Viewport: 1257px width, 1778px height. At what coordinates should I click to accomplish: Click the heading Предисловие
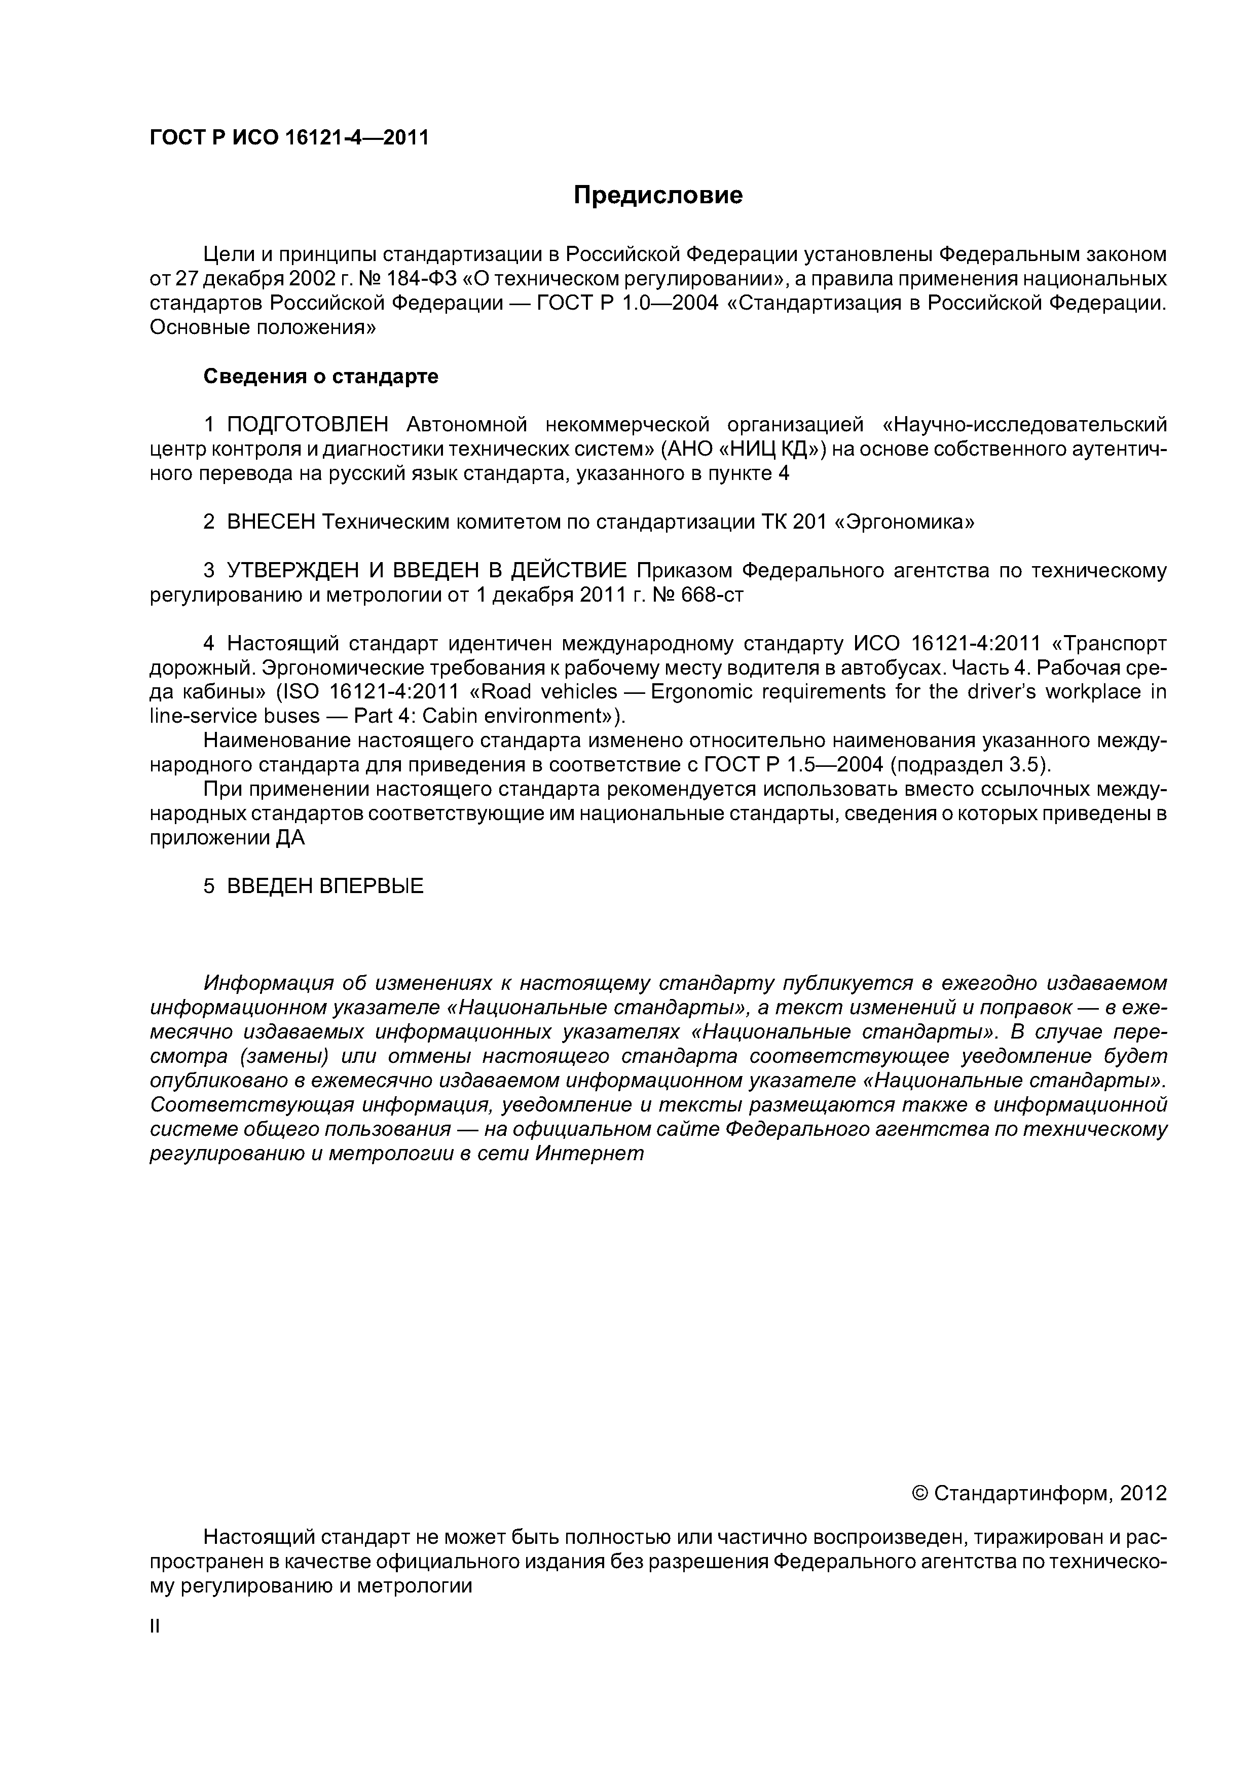coord(657,195)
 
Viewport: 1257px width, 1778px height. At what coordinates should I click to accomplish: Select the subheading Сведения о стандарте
coord(321,377)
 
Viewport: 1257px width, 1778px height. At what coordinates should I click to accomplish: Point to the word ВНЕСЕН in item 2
coord(271,522)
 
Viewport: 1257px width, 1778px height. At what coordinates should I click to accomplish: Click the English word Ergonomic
coord(703,691)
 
